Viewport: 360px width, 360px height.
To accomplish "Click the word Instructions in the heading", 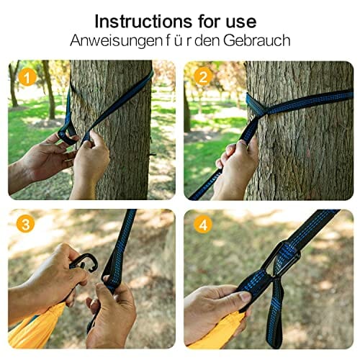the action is point(143,22).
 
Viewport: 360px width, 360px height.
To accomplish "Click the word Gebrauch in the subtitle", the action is point(257,40).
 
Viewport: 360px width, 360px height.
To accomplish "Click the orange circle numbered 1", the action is point(27,77).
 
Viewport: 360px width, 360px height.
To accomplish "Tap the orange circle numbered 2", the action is point(203,77).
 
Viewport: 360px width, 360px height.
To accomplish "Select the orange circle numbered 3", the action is point(25,224).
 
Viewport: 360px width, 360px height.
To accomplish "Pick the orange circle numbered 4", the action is point(203,225).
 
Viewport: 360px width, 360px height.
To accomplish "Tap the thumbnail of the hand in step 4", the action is point(246,297).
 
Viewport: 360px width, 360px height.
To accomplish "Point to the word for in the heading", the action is point(209,22).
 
